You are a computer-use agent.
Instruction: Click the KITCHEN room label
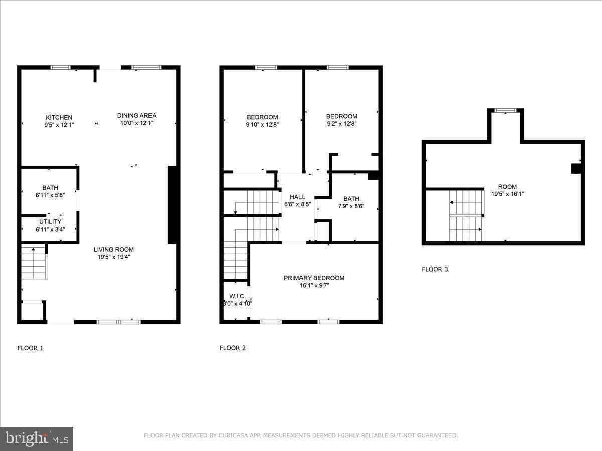[x=59, y=117]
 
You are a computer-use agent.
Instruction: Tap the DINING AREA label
[x=136, y=116]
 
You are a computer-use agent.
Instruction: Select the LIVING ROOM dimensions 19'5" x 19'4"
[x=114, y=257]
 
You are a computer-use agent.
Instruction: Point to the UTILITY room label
[x=50, y=222]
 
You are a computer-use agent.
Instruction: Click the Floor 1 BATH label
[x=50, y=188]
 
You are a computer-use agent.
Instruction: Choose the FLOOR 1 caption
[x=30, y=348]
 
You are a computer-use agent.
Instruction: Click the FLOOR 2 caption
[x=233, y=348]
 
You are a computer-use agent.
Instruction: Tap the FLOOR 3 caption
[x=435, y=269]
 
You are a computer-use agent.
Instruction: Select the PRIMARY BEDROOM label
[x=314, y=278]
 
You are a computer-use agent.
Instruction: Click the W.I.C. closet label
[x=237, y=296]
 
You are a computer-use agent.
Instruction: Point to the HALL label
[x=297, y=197]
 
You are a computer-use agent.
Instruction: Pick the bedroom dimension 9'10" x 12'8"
[x=262, y=125]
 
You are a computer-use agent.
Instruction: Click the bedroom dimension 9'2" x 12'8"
[x=342, y=124]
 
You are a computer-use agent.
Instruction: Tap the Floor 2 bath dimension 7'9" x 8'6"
[x=351, y=206]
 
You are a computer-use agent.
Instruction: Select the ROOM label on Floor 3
[x=507, y=187]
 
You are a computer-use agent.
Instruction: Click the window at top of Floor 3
[x=506, y=110]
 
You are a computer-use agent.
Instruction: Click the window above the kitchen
[x=61, y=67]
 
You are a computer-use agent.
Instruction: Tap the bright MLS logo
[x=37, y=439]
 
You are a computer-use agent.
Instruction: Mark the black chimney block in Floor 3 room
[x=576, y=169]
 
